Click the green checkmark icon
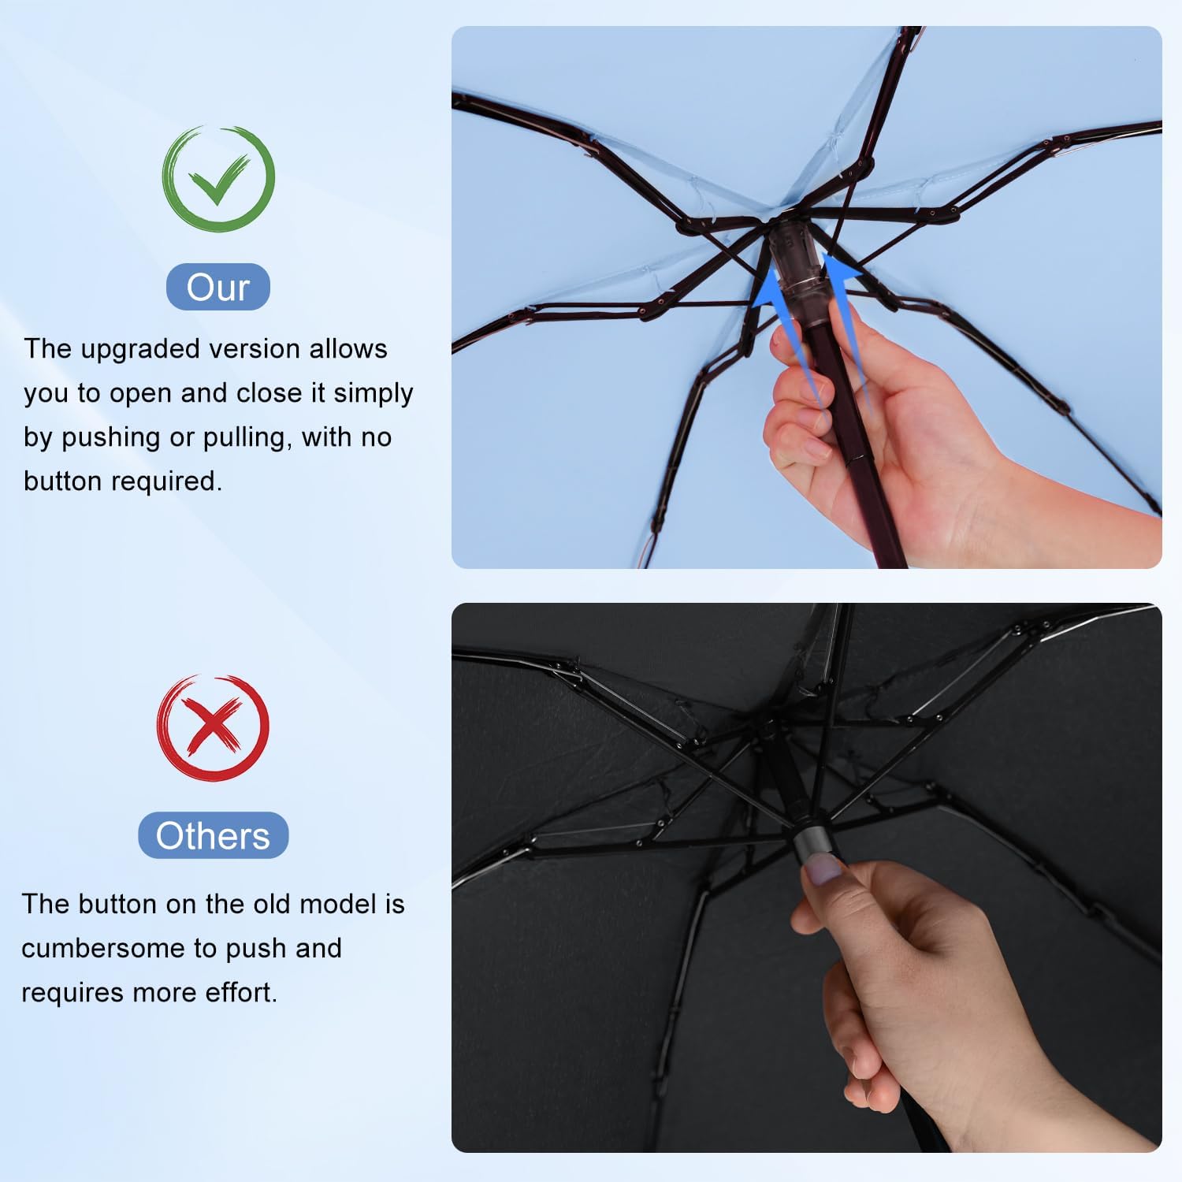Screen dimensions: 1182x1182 tap(218, 178)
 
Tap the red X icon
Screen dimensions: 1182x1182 tap(213, 727)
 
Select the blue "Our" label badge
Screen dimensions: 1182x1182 tap(218, 287)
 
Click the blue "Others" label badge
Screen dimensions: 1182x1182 tap(213, 835)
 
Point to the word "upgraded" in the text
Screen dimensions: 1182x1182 tap(135, 349)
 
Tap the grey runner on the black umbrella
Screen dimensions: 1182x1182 tap(812, 843)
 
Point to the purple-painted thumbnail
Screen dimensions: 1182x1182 tap(824, 870)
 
